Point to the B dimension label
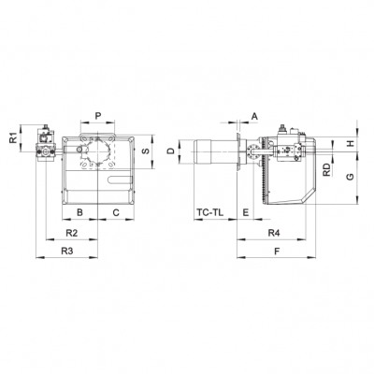pos(80,213)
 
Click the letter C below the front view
pos(116,213)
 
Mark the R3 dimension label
pos(66,252)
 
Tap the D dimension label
pos(170,151)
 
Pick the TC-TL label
pos(209,213)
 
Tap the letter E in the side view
pos(244,213)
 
